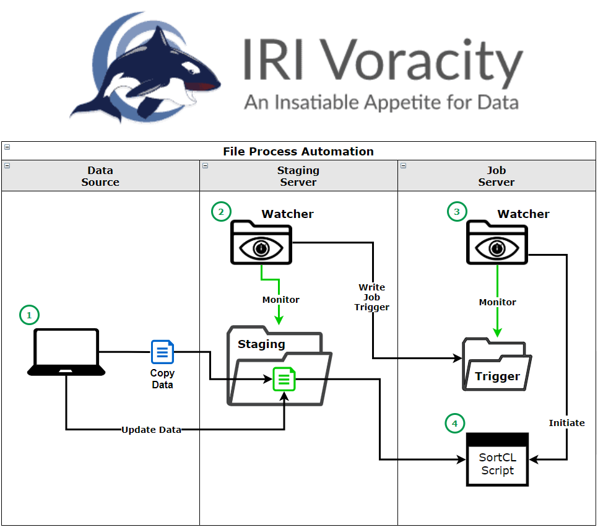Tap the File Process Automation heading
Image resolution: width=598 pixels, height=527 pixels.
click(x=298, y=151)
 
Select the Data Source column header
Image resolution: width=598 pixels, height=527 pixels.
click(x=100, y=176)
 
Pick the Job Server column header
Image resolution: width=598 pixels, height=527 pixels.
click(x=496, y=176)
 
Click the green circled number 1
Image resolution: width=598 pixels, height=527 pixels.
click(x=28, y=315)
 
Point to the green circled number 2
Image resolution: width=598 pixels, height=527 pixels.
click(x=220, y=212)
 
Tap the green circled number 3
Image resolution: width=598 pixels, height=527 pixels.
click(x=456, y=212)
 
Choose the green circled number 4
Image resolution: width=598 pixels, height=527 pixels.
click(x=454, y=424)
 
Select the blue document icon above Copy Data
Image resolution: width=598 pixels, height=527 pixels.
click(x=162, y=352)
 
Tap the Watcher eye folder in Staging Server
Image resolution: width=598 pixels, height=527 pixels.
click(x=261, y=243)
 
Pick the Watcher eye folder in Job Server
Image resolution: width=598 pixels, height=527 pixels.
click(x=496, y=243)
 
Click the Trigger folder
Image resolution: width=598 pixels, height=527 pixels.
click(x=497, y=365)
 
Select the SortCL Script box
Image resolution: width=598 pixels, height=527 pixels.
click(x=497, y=459)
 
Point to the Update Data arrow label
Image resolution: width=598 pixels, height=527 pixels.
click(x=151, y=429)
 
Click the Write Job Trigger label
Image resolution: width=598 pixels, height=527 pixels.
click(x=371, y=297)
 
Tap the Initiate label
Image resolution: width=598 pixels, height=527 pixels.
click(x=566, y=422)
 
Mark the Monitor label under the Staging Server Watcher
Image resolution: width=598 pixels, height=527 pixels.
click(x=280, y=299)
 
